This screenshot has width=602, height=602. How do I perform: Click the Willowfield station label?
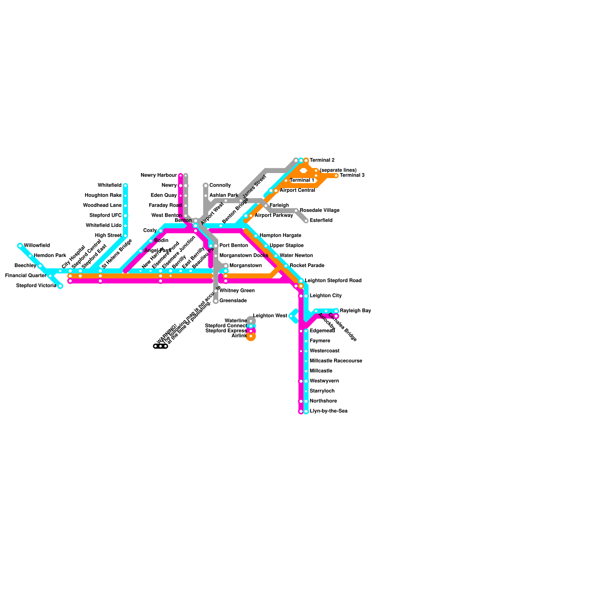36,246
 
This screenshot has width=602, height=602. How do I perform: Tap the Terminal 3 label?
352,175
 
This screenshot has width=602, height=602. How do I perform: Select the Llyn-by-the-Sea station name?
328,411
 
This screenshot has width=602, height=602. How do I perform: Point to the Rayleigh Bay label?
356,311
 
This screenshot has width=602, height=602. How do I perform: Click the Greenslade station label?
233,301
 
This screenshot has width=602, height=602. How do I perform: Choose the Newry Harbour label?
158,175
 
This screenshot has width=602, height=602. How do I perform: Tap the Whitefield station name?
109,185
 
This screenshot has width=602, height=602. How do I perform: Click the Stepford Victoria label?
36,286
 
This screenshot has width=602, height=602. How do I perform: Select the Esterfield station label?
321,220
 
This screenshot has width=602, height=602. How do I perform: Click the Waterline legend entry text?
236,321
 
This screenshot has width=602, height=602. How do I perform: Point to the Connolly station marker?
206,185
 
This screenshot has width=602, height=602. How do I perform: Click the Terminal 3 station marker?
336,175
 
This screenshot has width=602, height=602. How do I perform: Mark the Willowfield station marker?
20,246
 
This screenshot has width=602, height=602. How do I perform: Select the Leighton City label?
325,296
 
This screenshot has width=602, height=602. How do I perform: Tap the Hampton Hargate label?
280,236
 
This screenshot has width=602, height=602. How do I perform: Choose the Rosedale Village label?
319,210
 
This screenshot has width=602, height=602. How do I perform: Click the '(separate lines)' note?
338,170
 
